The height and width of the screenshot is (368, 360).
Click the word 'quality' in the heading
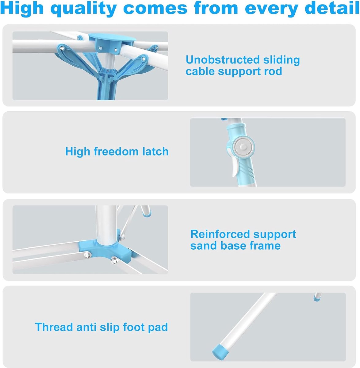84,9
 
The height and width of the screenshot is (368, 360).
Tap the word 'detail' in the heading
332,8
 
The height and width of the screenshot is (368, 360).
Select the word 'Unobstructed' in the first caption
223,60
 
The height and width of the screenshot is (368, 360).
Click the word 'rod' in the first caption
273,71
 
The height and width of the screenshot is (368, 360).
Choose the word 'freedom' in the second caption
116,151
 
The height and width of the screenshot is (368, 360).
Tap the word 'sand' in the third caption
204,246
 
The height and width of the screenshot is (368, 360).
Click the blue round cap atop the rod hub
112,37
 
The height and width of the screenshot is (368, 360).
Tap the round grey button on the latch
243,147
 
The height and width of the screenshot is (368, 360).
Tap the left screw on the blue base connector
87,255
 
